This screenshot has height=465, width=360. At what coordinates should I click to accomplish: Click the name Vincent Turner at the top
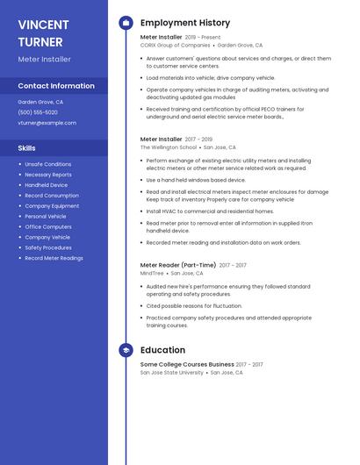click(x=45, y=32)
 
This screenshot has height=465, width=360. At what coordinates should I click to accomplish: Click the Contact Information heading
click(x=56, y=86)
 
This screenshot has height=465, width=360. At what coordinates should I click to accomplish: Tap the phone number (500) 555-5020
click(x=38, y=112)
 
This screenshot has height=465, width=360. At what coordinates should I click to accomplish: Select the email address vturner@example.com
click(x=47, y=123)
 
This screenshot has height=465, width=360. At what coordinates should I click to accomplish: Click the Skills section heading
click(x=27, y=148)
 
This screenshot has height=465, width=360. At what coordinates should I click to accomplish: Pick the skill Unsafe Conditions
click(x=48, y=164)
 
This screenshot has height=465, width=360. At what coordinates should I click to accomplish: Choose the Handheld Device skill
click(x=47, y=185)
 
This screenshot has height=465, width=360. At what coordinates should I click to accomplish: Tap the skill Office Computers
click(x=48, y=226)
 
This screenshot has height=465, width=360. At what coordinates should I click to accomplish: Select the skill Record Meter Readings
click(x=54, y=258)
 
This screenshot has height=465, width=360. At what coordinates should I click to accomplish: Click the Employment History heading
click(x=185, y=23)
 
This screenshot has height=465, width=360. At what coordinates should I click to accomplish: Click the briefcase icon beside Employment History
click(x=126, y=23)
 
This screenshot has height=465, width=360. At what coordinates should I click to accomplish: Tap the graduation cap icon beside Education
click(x=126, y=350)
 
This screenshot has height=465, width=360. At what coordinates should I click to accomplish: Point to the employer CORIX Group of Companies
click(x=176, y=45)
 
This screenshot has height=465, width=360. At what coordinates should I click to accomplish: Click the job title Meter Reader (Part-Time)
click(x=178, y=265)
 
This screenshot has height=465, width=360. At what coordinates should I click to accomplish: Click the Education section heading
click(x=162, y=350)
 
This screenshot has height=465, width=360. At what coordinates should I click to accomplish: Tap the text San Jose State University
click(x=172, y=372)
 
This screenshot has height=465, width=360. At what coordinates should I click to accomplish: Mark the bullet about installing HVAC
click(x=210, y=211)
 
